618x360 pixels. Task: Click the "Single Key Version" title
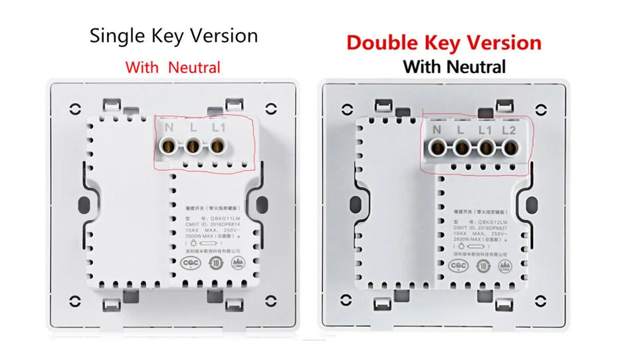[173, 35]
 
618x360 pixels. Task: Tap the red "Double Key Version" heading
[443, 43]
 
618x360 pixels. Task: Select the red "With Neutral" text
[173, 67]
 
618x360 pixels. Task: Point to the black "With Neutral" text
[454, 66]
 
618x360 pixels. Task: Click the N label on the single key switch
[169, 127]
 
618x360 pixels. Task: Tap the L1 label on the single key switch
[220, 127]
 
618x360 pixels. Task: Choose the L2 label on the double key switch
[509, 130]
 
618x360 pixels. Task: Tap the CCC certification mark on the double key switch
[458, 266]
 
